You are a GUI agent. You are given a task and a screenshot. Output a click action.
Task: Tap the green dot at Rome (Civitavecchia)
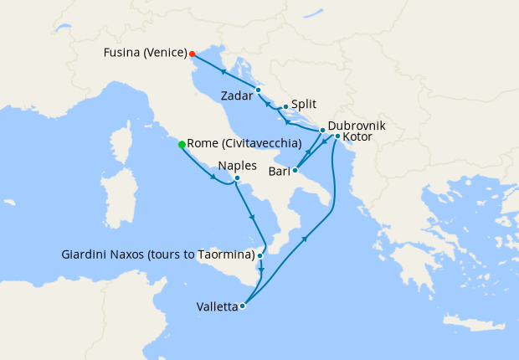click(x=182, y=144)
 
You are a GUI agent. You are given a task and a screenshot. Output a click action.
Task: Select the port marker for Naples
click(x=238, y=177)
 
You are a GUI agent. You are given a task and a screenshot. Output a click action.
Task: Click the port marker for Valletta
click(x=242, y=306)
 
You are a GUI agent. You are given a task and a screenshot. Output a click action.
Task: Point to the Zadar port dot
click(x=258, y=90)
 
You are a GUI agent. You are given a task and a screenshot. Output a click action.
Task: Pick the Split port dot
click(x=285, y=106)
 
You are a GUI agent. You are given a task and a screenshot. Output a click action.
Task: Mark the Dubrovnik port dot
click(x=322, y=131)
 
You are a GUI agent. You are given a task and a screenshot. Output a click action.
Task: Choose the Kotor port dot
click(x=337, y=136)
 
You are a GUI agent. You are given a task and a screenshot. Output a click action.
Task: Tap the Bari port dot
click(x=295, y=170)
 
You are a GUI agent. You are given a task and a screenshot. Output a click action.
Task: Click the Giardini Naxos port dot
click(x=260, y=255)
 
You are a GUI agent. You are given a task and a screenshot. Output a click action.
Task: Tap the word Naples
click(x=237, y=166)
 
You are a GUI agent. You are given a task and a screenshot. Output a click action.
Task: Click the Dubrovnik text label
click(x=356, y=124)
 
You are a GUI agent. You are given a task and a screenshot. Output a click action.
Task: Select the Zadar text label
click(x=237, y=96)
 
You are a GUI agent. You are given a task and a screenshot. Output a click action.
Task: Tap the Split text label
click(x=304, y=106)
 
